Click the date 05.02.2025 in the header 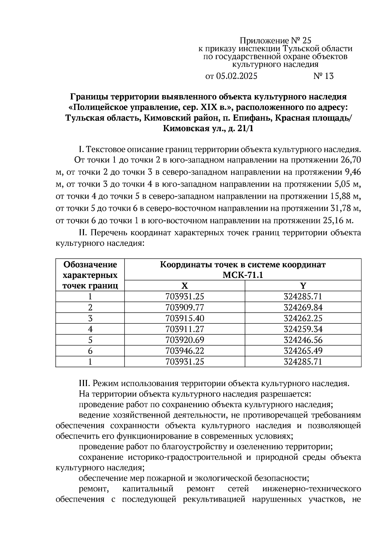(236, 76)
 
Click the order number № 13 (323, 76)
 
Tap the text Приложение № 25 (275, 41)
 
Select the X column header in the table (184, 286)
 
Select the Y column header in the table (303, 286)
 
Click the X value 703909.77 (184, 307)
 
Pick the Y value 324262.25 (303, 318)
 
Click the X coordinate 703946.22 (184, 351)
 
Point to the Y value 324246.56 (303, 340)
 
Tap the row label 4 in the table (90, 329)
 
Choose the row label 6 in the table (90, 351)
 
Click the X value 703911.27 (184, 329)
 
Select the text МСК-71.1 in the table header (242, 275)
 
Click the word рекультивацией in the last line (212, 508)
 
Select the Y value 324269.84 (303, 307)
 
